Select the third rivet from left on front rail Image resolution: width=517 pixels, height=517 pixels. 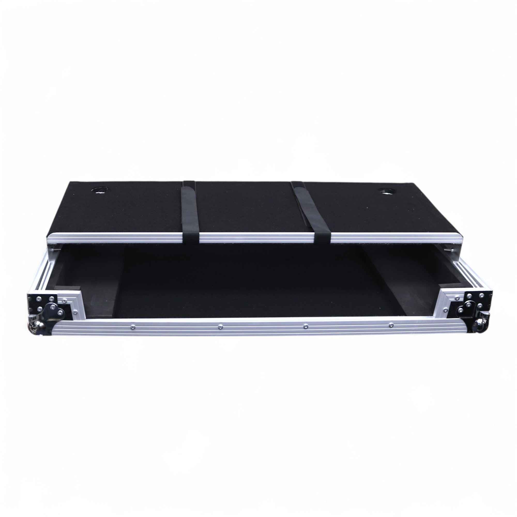point(306,326)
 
